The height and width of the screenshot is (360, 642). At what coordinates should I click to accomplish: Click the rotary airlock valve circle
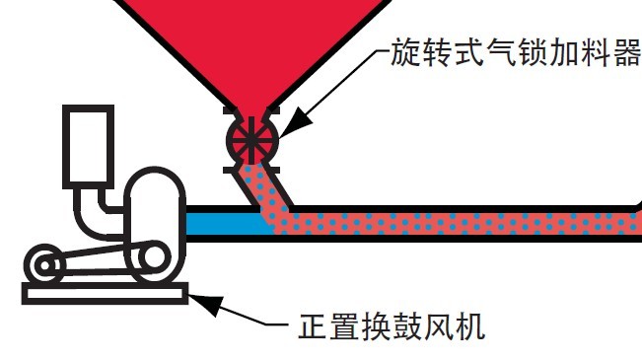pyautogui.click(x=251, y=140)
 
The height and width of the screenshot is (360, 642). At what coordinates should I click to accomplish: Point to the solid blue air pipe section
pyautogui.click(x=222, y=223)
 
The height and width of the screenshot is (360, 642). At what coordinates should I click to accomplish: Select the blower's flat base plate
pyautogui.click(x=105, y=292)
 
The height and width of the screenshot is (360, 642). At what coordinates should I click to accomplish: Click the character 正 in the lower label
pyautogui.click(x=313, y=325)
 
